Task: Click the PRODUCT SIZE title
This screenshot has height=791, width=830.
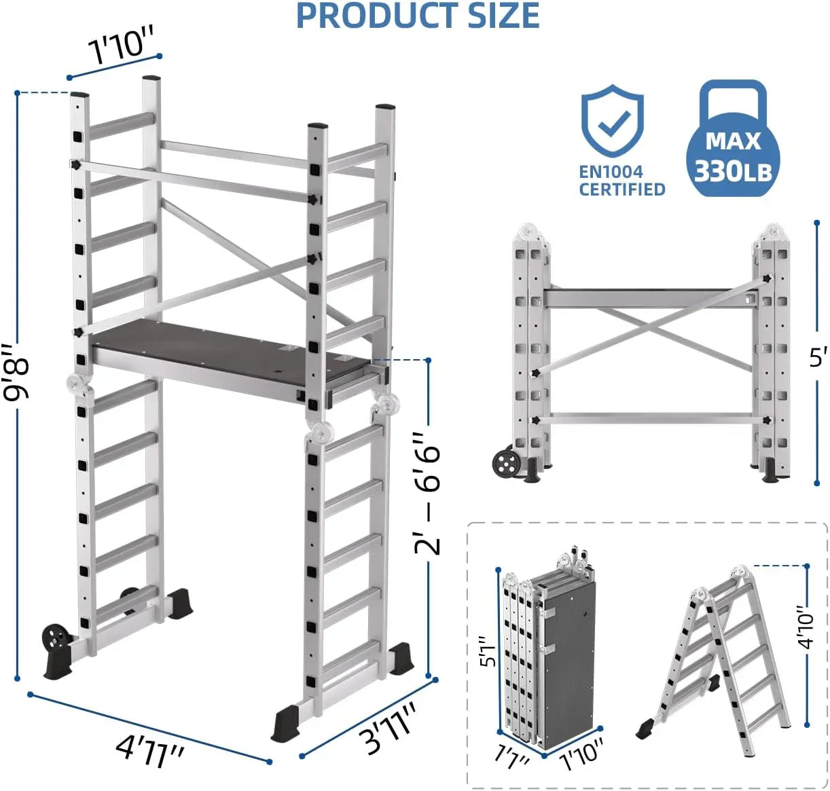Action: pos(418,16)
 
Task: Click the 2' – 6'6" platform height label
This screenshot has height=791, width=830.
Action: pos(429,494)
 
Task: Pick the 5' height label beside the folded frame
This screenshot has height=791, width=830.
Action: pos(818,356)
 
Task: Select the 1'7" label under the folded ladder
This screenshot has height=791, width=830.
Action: pos(512,756)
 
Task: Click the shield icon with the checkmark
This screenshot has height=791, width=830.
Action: pos(612,122)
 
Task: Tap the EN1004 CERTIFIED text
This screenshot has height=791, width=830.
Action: pos(621,181)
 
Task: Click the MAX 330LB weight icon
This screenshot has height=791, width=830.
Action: pos(733,140)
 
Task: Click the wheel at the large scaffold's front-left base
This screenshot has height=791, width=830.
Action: pos(56,639)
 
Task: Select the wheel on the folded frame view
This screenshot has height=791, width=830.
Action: pos(506,464)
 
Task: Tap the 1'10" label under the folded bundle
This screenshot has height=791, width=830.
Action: pos(582,753)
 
